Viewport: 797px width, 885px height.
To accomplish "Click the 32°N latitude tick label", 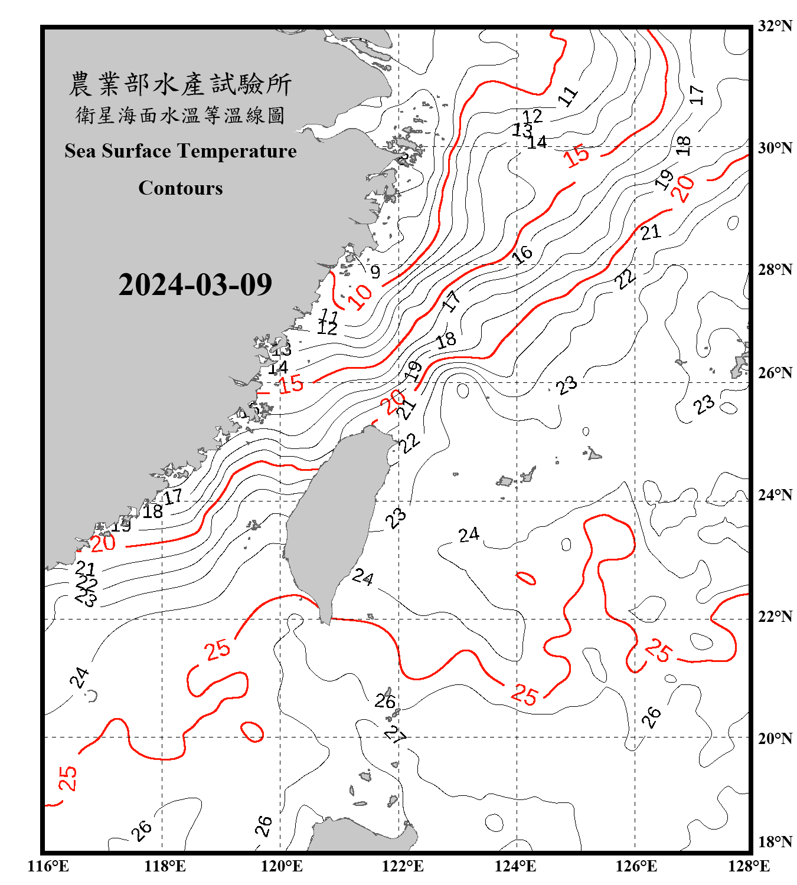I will [775, 26].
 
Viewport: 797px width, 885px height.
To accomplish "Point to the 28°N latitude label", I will [775, 270].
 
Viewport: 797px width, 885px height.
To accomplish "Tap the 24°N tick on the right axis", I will [775, 495].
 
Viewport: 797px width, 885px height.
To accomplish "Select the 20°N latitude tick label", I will [775, 738].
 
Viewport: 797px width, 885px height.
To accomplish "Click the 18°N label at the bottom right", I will [775, 842].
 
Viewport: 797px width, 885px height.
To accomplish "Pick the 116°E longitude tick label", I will [48, 866].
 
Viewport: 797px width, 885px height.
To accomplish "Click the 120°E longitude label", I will [282, 866].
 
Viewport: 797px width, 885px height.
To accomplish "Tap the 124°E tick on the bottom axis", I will [515, 866].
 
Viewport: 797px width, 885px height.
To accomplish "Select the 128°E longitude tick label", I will [749, 866].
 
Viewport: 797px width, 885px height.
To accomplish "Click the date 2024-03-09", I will [195, 285].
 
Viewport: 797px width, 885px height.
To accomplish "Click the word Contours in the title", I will [181, 188].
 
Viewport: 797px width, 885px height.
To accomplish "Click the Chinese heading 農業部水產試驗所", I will [180, 84].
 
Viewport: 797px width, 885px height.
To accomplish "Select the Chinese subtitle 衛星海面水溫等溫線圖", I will [180, 115].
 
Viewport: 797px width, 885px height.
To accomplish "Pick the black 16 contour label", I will [522, 255].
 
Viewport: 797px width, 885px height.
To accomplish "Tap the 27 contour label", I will [395, 735].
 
